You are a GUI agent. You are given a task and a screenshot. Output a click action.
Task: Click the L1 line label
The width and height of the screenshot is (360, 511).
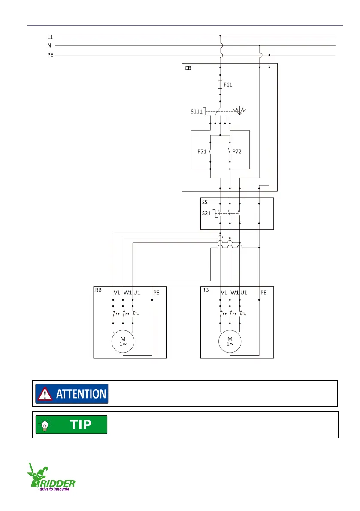(x=50, y=37)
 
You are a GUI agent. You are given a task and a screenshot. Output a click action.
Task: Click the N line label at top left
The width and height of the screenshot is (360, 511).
(x=49, y=45)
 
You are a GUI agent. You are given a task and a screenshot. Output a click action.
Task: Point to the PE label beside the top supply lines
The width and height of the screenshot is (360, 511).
(x=51, y=55)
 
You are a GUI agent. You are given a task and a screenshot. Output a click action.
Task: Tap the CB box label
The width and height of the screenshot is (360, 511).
(x=188, y=68)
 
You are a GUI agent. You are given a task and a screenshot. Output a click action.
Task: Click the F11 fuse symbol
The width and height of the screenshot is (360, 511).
(x=220, y=85)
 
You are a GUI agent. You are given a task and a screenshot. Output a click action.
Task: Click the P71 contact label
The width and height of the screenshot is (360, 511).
(x=201, y=151)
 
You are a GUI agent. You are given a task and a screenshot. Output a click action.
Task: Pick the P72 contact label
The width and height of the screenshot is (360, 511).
(x=238, y=151)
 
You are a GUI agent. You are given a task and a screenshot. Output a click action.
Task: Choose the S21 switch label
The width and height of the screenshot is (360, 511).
(x=207, y=212)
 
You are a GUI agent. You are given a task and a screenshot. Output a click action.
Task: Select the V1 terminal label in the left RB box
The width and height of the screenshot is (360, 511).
(x=117, y=293)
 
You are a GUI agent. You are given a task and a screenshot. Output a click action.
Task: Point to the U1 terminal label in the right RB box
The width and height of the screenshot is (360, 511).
(x=244, y=293)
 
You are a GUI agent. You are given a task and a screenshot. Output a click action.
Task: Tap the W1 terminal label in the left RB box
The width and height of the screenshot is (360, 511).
(x=127, y=293)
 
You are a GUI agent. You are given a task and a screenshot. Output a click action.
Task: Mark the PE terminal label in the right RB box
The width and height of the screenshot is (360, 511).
(x=263, y=293)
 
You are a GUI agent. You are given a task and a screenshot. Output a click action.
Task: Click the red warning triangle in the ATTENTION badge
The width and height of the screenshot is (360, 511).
(x=45, y=394)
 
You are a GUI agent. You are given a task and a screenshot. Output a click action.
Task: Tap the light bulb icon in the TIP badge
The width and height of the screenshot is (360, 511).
(x=44, y=424)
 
